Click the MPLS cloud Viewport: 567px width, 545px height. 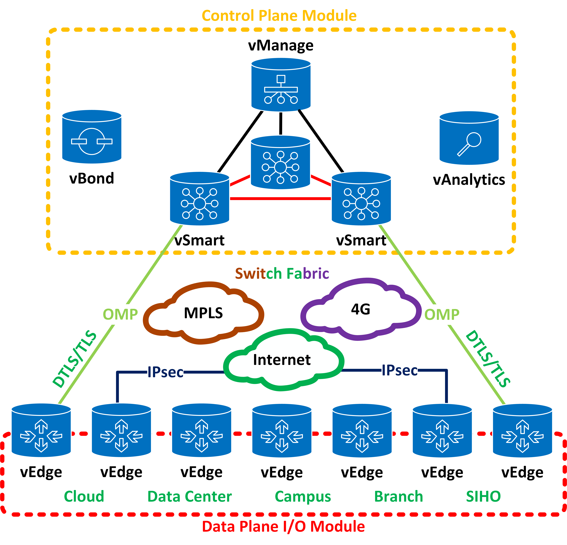click(203, 313)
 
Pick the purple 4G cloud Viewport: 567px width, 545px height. click(361, 309)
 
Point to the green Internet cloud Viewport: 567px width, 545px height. click(282, 360)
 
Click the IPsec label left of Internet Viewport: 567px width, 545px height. click(165, 372)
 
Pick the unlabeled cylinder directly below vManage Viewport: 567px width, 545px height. click(280, 163)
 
